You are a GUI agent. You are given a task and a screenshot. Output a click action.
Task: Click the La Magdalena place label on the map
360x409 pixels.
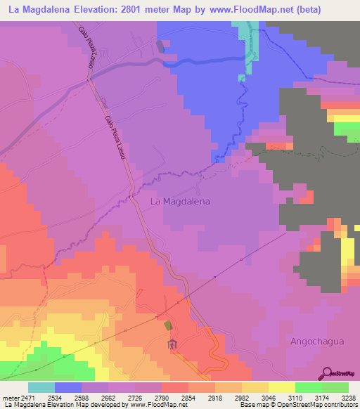tap(181, 201)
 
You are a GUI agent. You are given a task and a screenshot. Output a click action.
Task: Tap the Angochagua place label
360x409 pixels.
tap(318, 341)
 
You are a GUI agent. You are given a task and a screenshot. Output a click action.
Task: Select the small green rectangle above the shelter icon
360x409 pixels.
tap(167, 325)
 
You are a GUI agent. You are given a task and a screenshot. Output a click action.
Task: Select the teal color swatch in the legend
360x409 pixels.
tap(41, 387)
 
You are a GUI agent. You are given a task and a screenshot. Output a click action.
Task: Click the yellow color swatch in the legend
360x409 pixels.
tap(281, 387)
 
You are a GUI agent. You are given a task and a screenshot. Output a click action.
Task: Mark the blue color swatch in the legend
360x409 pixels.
tap(68, 387)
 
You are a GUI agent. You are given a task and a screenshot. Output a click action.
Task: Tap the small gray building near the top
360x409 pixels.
tap(161, 46)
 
